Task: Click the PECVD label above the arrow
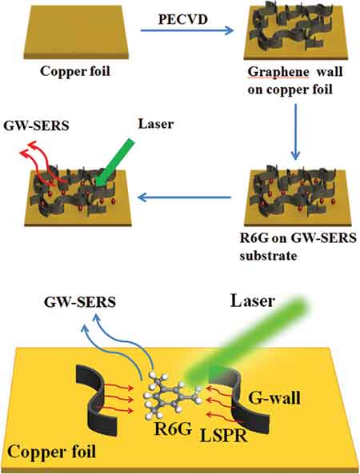point(183,19)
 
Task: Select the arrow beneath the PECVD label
point(187,30)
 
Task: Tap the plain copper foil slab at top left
point(76,32)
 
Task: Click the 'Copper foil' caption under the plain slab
point(75,72)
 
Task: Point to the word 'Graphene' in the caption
point(278,73)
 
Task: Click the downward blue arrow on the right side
point(295,132)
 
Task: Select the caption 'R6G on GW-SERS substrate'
point(298,247)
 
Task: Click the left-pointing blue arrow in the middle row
point(184,197)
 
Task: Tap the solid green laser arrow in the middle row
point(114,162)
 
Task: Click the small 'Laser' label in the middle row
point(156,124)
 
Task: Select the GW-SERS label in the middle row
point(36,125)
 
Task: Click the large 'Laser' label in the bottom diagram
point(253,301)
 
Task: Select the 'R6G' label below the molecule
point(173,428)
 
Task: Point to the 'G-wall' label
point(274,397)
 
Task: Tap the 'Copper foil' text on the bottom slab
point(51,452)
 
